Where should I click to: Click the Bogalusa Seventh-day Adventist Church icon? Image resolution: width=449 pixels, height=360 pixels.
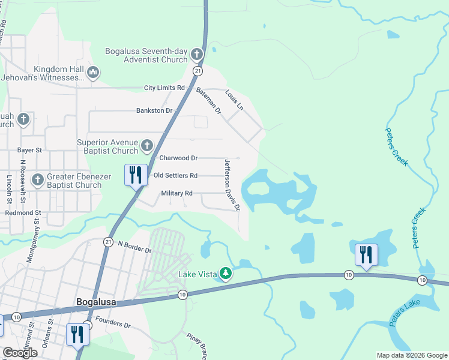tap(196, 56)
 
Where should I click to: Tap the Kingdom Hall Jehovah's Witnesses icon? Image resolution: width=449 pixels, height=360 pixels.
tap(92, 74)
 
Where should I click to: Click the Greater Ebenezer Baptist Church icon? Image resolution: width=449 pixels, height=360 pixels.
tap(37, 179)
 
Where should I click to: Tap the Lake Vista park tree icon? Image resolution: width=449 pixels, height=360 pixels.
tap(226, 274)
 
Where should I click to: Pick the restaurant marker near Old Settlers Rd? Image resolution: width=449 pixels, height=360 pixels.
tap(136, 175)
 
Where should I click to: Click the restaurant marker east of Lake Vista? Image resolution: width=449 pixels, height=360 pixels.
tap(366, 254)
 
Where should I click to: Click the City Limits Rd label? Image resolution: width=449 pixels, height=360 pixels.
tap(164, 88)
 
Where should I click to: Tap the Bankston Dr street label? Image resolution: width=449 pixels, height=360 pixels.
tap(154, 110)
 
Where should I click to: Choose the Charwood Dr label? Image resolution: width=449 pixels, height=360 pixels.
tap(178, 158)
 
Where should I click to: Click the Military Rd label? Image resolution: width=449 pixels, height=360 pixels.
tap(176, 193)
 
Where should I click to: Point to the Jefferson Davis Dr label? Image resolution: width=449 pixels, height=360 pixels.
tap(232, 185)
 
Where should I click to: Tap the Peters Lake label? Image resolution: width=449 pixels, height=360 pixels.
tap(405, 314)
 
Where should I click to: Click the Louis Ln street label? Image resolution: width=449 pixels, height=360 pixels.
tap(235, 100)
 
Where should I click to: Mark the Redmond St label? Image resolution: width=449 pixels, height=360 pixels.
tap(23, 213)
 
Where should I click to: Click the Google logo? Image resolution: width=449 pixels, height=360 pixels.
tap(20, 353)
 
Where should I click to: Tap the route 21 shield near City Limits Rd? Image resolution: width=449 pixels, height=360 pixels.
tap(197, 71)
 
